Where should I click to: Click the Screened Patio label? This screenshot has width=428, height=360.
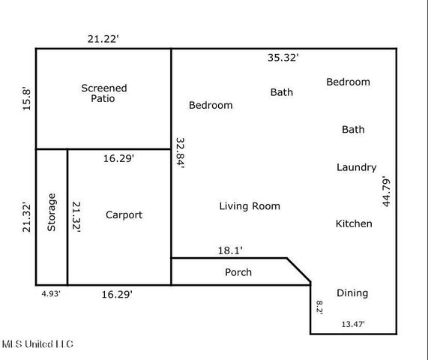(103, 93)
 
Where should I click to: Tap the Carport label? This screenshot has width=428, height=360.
(124, 214)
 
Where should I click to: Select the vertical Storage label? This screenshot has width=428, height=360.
(52, 212)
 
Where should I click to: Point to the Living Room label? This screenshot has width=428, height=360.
(250, 205)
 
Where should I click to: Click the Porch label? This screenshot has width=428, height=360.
(238, 272)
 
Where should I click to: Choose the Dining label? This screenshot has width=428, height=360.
(352, 292)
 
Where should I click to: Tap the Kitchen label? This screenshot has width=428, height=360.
(353, 223)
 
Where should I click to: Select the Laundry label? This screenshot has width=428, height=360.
(356, 167)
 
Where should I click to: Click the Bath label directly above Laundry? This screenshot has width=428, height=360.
(353, 129)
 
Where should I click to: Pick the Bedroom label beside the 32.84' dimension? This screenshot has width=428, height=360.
(210, 105)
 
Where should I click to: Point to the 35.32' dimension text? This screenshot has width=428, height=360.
(283, 57)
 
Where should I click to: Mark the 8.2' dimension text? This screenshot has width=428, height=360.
(319, 306)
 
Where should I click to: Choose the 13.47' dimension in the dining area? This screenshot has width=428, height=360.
(358, 324)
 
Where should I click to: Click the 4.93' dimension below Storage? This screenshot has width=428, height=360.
(50, 295)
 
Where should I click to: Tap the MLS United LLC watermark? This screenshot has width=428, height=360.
(37, 343)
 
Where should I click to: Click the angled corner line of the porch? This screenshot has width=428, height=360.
(299, 271)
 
